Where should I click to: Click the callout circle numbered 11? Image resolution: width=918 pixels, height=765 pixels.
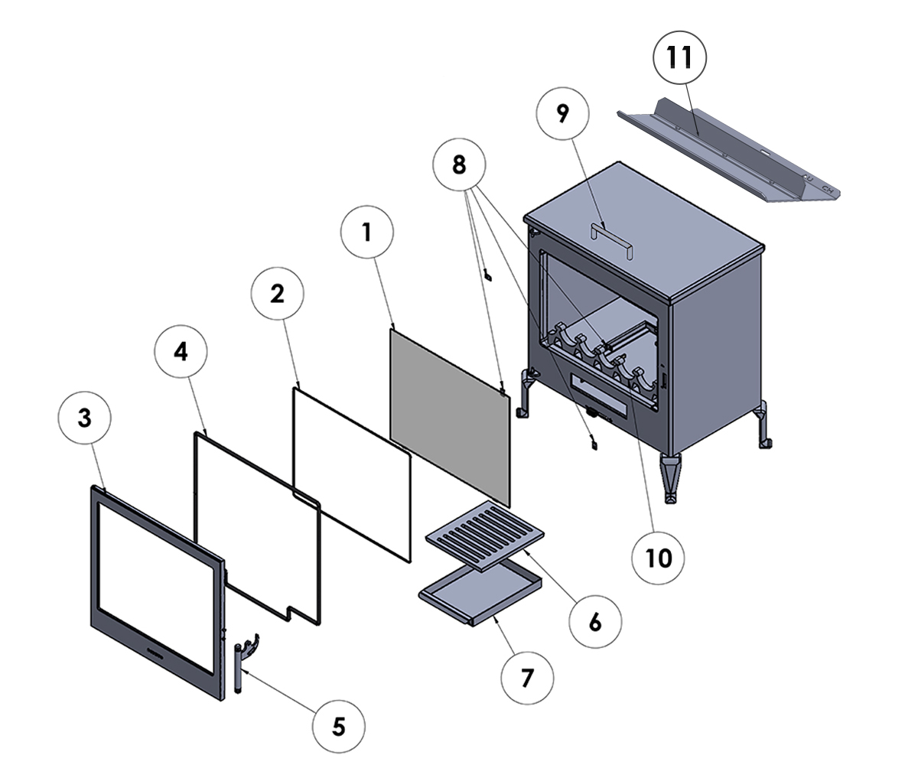tap(679, 58)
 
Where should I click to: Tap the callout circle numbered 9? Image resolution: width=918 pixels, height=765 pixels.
tap(563, 114)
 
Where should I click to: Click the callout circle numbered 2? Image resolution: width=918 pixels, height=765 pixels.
tap(277, 292)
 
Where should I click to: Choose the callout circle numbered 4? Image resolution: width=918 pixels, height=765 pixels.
tap(181, 352)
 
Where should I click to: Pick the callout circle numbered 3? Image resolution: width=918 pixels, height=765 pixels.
tap(84, 418)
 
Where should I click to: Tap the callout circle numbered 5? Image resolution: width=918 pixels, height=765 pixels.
tap(339, 725)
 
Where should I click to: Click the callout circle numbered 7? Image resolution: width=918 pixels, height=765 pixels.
tap(526, 676)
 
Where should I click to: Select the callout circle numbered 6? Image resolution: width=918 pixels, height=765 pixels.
tap(595, 621)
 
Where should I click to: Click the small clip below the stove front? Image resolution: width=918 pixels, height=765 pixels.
tap(591, 441)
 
